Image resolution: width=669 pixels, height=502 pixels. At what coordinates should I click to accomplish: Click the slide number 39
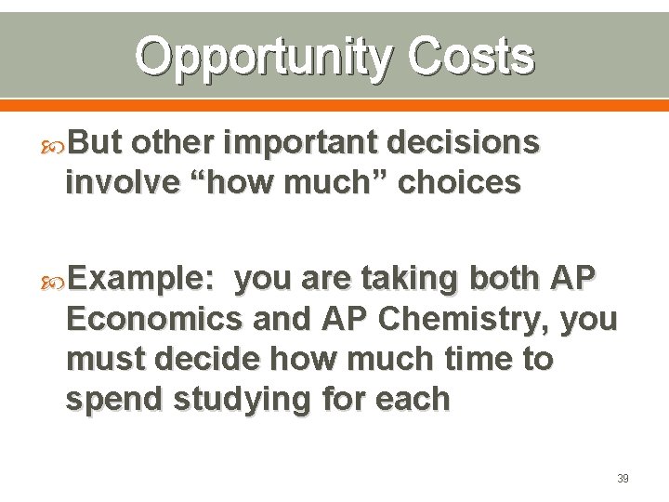[x=623, y=478]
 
